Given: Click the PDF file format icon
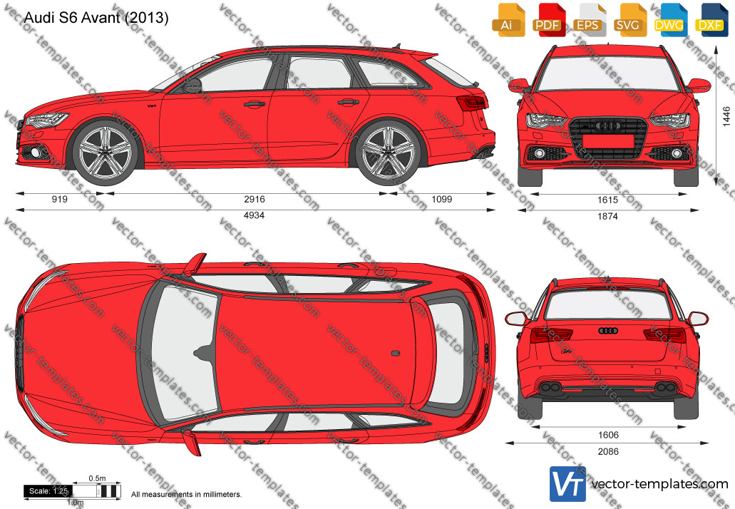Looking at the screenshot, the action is [x=548, y=20].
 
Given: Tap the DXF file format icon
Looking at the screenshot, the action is [x=711, y=20].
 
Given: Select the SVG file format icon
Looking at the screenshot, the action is [x=629, y=20].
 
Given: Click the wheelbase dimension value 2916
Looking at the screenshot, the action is [x=254, y=199].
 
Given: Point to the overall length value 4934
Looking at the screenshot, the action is [x=254, y=215].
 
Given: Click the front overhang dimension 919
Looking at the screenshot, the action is [x=60, y=199].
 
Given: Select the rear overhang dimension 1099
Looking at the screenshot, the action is [x=441, y=199].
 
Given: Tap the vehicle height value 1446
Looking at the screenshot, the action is [x=726, y=116].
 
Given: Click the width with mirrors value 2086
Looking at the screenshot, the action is [x=608, y=451].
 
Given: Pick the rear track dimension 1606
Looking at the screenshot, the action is [x=608, y=435].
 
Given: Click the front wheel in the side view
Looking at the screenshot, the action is [x=106, y=152].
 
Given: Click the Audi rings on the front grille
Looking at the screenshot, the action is [x=607, y=125].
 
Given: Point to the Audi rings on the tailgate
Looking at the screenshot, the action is [x=608, y=331].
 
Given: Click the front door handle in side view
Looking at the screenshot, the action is [x=255, y=104].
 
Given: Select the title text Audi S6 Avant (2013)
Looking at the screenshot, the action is [x=96, y=18].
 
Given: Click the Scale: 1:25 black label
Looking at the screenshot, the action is [x=48, y=491].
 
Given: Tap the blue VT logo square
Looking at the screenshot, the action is [x=567, y=484].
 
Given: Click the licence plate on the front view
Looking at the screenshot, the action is [x=607, y=141].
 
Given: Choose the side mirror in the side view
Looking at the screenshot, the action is [x=192, y=86].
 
